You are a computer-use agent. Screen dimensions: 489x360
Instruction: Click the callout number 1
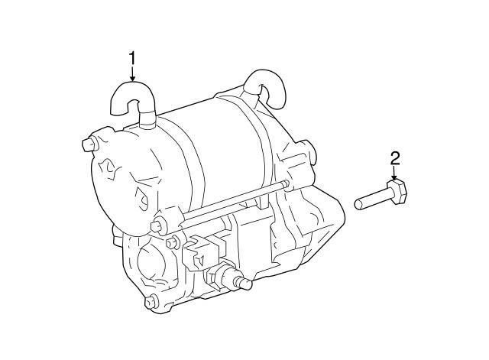click(x=133, y=59)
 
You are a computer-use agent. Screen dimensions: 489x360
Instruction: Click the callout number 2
click(x=395, y=158)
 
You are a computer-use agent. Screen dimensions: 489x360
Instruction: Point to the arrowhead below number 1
click(x=133, y=78)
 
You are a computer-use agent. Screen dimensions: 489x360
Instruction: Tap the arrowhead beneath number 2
click(x=395, y=177)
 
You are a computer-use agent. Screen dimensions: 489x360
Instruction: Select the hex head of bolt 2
click(x=397, y=192)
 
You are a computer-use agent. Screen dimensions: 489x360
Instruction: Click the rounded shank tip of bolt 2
click(x=358, y=204)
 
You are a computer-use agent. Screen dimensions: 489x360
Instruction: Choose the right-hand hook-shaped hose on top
click(x=265, y=88)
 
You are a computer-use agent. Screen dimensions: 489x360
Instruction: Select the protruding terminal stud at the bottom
click(x=244, y=282)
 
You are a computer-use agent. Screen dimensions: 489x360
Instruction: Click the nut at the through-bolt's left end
click(x=158, y=226)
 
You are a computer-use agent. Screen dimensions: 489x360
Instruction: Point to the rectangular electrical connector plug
click(x=203, y=250)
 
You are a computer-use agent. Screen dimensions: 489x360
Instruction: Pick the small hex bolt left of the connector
click(x=172, y=242)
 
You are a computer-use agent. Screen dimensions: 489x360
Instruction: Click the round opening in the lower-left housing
click(x=151, y=262)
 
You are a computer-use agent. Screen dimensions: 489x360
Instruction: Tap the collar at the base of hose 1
click(x=147, y=120)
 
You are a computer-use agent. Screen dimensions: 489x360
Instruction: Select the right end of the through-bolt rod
click(x=286, y=184)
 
